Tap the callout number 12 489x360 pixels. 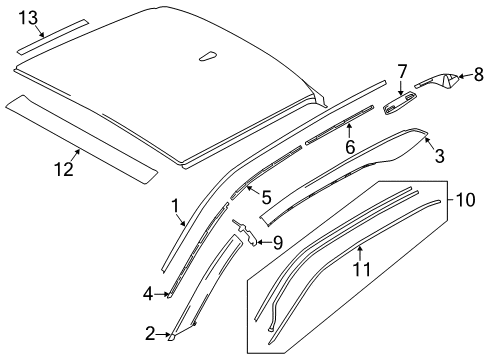[64, 169]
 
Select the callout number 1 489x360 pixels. [175, 207]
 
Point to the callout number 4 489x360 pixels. [148, 294]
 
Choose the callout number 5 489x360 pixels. [266, 198]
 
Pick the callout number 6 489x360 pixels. [350, 145]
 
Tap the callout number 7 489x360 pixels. [402, 71]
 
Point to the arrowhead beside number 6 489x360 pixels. [349, 127]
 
